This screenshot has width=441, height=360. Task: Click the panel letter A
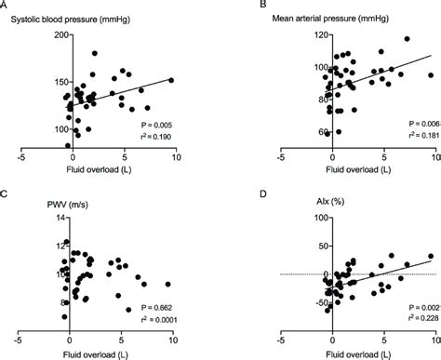[x=4, y=5]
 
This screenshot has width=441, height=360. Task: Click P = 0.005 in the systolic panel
[x=154, y=124]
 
